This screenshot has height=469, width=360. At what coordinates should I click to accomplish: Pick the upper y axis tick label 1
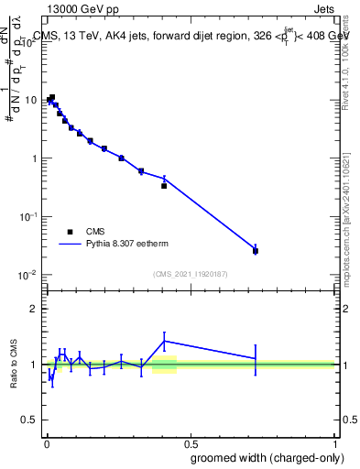coord(35,158)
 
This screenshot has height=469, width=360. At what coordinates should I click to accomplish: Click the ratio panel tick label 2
coord(35,309)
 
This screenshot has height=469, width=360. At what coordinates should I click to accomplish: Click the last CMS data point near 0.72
coord(256,251)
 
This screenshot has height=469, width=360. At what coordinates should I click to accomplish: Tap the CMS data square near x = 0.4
coord(164,185)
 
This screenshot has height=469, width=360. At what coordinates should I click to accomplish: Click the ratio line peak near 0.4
coord(164,341)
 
